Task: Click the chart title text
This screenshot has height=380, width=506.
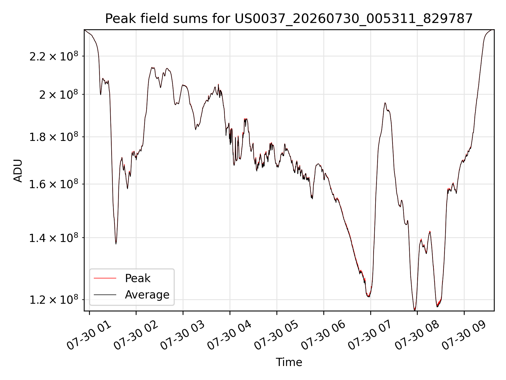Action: click(x=289, y=19)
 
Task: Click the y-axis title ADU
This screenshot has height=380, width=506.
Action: click(x=18, y=171)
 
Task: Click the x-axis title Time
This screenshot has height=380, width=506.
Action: click(x=289, y=362)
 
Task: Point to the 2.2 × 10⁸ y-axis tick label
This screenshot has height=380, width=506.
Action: click(x=54, y=56)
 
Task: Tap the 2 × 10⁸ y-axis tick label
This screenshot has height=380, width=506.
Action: click(x=59, y=94)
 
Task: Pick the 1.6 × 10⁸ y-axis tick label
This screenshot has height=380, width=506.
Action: click(x=54, y=184)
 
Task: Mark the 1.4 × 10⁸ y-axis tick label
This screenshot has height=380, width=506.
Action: click(x=54, y=238)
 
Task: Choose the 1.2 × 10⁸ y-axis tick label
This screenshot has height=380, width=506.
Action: click(x=54, y=300)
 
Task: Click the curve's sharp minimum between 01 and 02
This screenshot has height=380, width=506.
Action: click(x=116, y=244)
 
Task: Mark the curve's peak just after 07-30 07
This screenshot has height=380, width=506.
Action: click(x=385, y=103)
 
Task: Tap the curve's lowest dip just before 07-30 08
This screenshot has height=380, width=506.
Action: click(x=415, y=310)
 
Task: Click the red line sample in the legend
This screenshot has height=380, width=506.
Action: click(x=105, y=278)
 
